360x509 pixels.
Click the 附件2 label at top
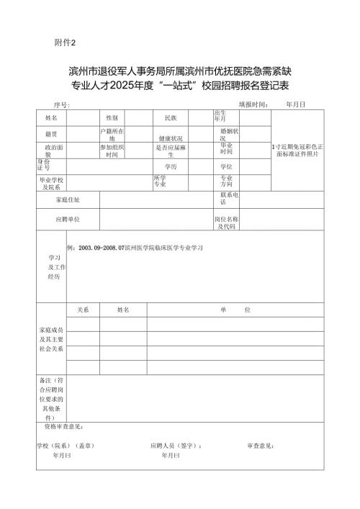pos(65,42)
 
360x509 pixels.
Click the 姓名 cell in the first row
pos(52,117)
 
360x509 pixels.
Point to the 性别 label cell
pos(112,117)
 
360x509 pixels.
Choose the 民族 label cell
pos(171,117)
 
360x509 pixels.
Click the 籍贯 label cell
pos(52,134)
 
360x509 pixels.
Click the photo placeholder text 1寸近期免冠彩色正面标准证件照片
pos(297,150)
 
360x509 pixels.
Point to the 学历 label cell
pos(171,166)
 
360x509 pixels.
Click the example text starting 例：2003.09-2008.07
pos(134,247)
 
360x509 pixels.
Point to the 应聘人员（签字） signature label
pos(176,446)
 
